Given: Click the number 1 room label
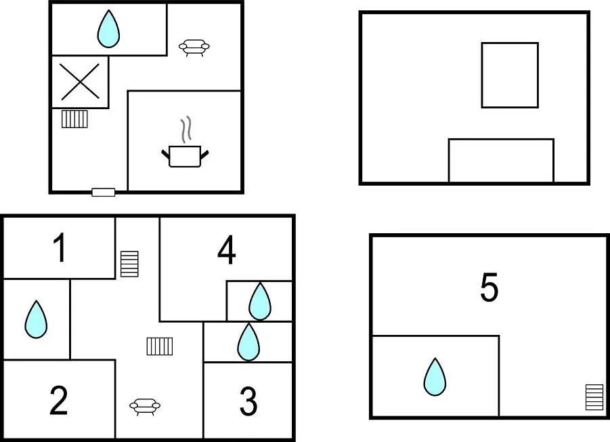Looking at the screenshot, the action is [60, 247].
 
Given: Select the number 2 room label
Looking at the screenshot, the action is [59, 400].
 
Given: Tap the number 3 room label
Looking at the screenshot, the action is [248, 401].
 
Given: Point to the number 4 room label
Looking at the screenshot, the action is [226, 249].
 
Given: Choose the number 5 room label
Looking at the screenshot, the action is [489, 287].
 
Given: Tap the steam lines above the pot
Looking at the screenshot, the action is [186, 129].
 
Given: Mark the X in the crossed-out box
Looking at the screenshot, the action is [80, 82].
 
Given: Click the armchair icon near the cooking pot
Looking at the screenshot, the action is [194, 47].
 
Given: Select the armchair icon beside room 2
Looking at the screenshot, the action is [145, 407].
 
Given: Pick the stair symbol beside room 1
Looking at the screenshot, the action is [129, 264].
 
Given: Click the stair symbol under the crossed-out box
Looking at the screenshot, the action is [74, 119].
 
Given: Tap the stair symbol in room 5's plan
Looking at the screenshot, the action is [594, 397].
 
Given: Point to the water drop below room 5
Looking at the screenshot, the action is [435, 376].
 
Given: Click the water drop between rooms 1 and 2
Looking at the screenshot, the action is [36, 319].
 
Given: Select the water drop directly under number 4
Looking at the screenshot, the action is [260, 301].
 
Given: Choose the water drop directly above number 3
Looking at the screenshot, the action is [248, 342].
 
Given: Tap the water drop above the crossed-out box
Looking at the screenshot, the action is [108, 29].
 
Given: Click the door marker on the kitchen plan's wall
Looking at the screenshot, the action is [104, 192].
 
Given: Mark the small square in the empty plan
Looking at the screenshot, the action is [510, 75].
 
